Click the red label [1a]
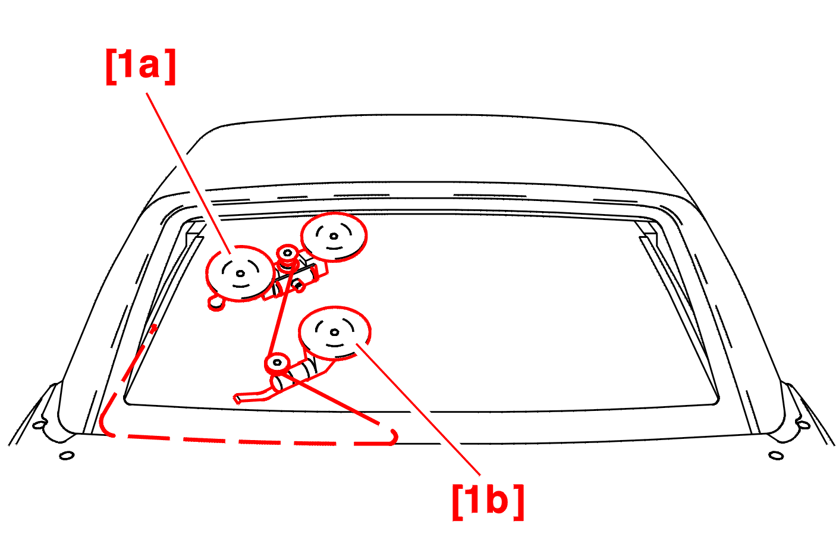(141, 67)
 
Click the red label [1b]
(488, 502)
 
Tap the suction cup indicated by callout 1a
(240, 274)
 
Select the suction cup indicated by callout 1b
(335, 332)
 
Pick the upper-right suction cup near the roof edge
(334, 237)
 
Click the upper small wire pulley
(287, 254)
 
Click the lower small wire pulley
(277, 363)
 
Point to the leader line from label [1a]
(188, 174)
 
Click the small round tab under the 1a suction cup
(216, 303)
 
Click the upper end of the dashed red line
(153, 329)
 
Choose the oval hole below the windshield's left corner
(67, 456)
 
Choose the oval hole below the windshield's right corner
(776, 456)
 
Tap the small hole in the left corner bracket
(39, 425)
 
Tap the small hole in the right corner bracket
(804, 425)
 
